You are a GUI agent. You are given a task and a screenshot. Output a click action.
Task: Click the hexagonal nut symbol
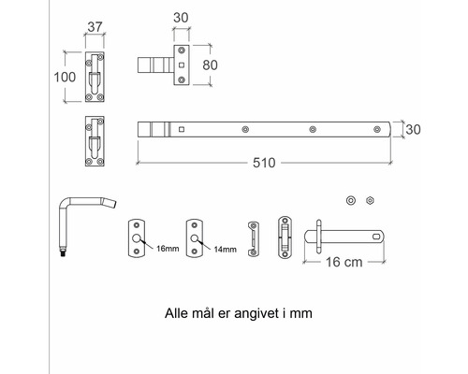(x=370, y=200)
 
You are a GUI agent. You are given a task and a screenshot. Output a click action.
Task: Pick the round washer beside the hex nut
(x=350, y=200)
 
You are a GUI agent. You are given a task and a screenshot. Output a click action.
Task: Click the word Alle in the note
(x=178, y=314)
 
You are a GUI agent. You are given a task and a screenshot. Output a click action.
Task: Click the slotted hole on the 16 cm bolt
(x=378, y=237)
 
